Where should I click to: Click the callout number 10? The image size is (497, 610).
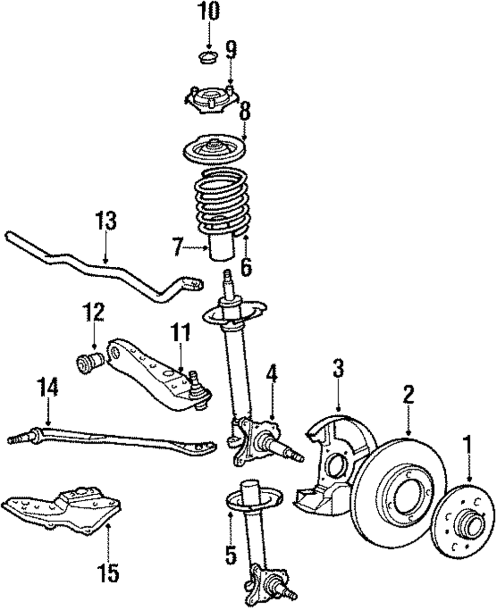(209, 11)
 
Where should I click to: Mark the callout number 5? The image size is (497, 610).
(230, 555)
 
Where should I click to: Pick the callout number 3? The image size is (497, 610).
(337, 369)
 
